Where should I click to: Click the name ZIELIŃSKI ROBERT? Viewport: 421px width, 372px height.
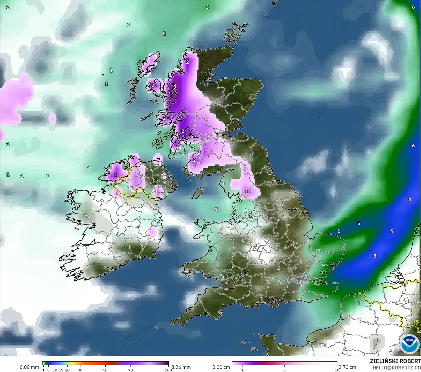coord(395,361)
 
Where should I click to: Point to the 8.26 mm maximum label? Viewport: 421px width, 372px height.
coord(181,367)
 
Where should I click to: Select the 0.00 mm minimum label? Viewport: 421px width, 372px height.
coord(29,367)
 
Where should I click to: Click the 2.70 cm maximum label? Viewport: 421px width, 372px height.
coord(347,367)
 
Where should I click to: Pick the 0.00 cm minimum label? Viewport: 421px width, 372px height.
coord(221,367)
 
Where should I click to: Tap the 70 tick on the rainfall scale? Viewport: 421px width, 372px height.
coord(130,370)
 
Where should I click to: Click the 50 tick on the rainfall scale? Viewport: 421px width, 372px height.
coord(105,370)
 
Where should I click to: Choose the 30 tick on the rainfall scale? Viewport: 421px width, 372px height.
coord(80,370)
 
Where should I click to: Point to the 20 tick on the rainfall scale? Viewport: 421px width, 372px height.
coord(67,370)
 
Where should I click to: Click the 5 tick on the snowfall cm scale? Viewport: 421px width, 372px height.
coord(284,370)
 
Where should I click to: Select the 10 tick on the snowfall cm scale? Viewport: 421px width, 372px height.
coord(337,370)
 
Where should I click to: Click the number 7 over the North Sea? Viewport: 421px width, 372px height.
coord(392,231)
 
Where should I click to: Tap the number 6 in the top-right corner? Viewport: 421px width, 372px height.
coord(413,7)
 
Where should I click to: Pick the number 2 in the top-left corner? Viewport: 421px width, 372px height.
coord(8,7)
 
